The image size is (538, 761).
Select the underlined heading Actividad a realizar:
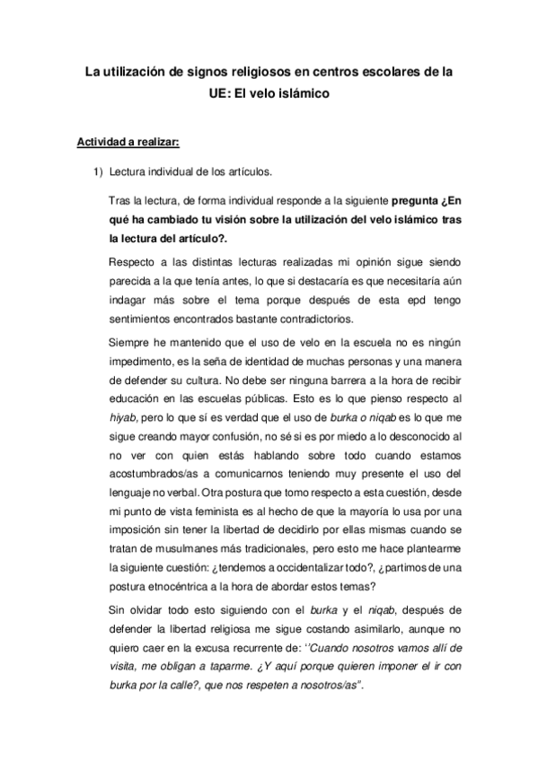pyautogui.click(x=128, y=143)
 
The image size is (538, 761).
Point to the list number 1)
pyautogui.click(x=100, y=171)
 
